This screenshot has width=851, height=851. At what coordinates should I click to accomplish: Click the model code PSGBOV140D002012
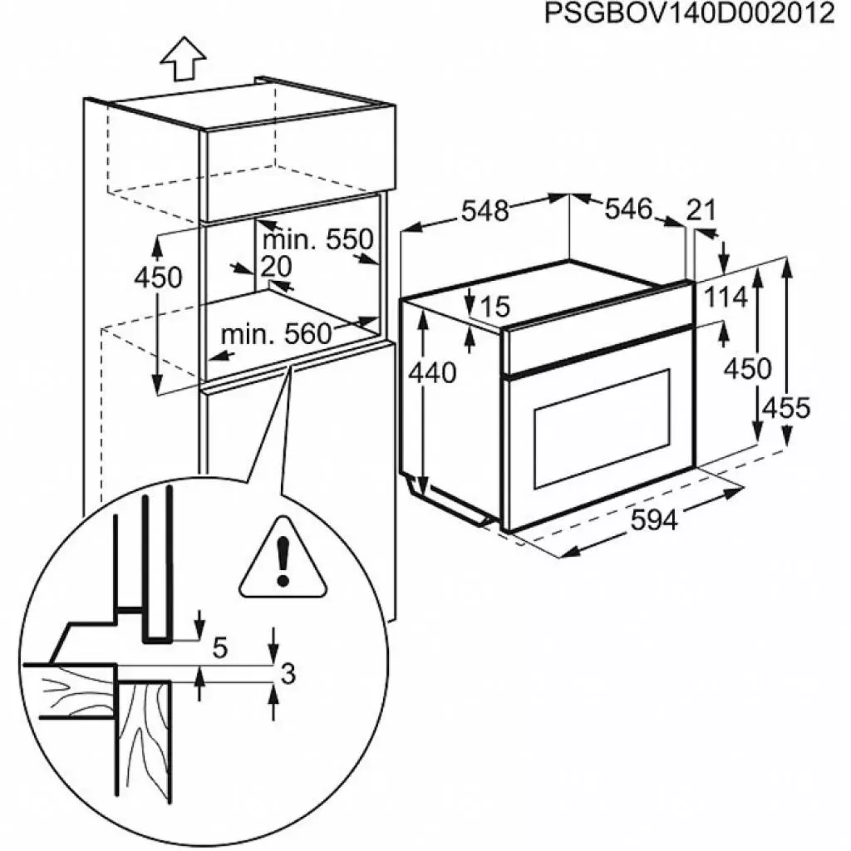pos(689,15)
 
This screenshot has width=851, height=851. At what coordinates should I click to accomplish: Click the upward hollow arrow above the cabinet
pos(183,61)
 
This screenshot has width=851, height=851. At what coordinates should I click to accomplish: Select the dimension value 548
pos(485,211)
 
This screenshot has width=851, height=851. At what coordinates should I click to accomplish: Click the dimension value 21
pos(701,210)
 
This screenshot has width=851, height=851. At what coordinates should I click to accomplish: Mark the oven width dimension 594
pos(653,520)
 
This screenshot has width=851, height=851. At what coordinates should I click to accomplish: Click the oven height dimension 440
pos(432,374)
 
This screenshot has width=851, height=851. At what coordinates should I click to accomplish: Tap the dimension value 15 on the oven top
pos(494,307)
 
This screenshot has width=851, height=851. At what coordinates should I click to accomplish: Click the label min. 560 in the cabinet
pos(276,335)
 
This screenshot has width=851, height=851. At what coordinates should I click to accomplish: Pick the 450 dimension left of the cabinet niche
pos(158,278)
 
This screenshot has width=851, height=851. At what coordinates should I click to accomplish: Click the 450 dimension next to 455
pos(747,367)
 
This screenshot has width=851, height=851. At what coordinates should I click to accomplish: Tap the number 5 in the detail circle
pos(219,647)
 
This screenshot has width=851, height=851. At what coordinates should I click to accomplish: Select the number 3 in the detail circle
pos(288,675)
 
